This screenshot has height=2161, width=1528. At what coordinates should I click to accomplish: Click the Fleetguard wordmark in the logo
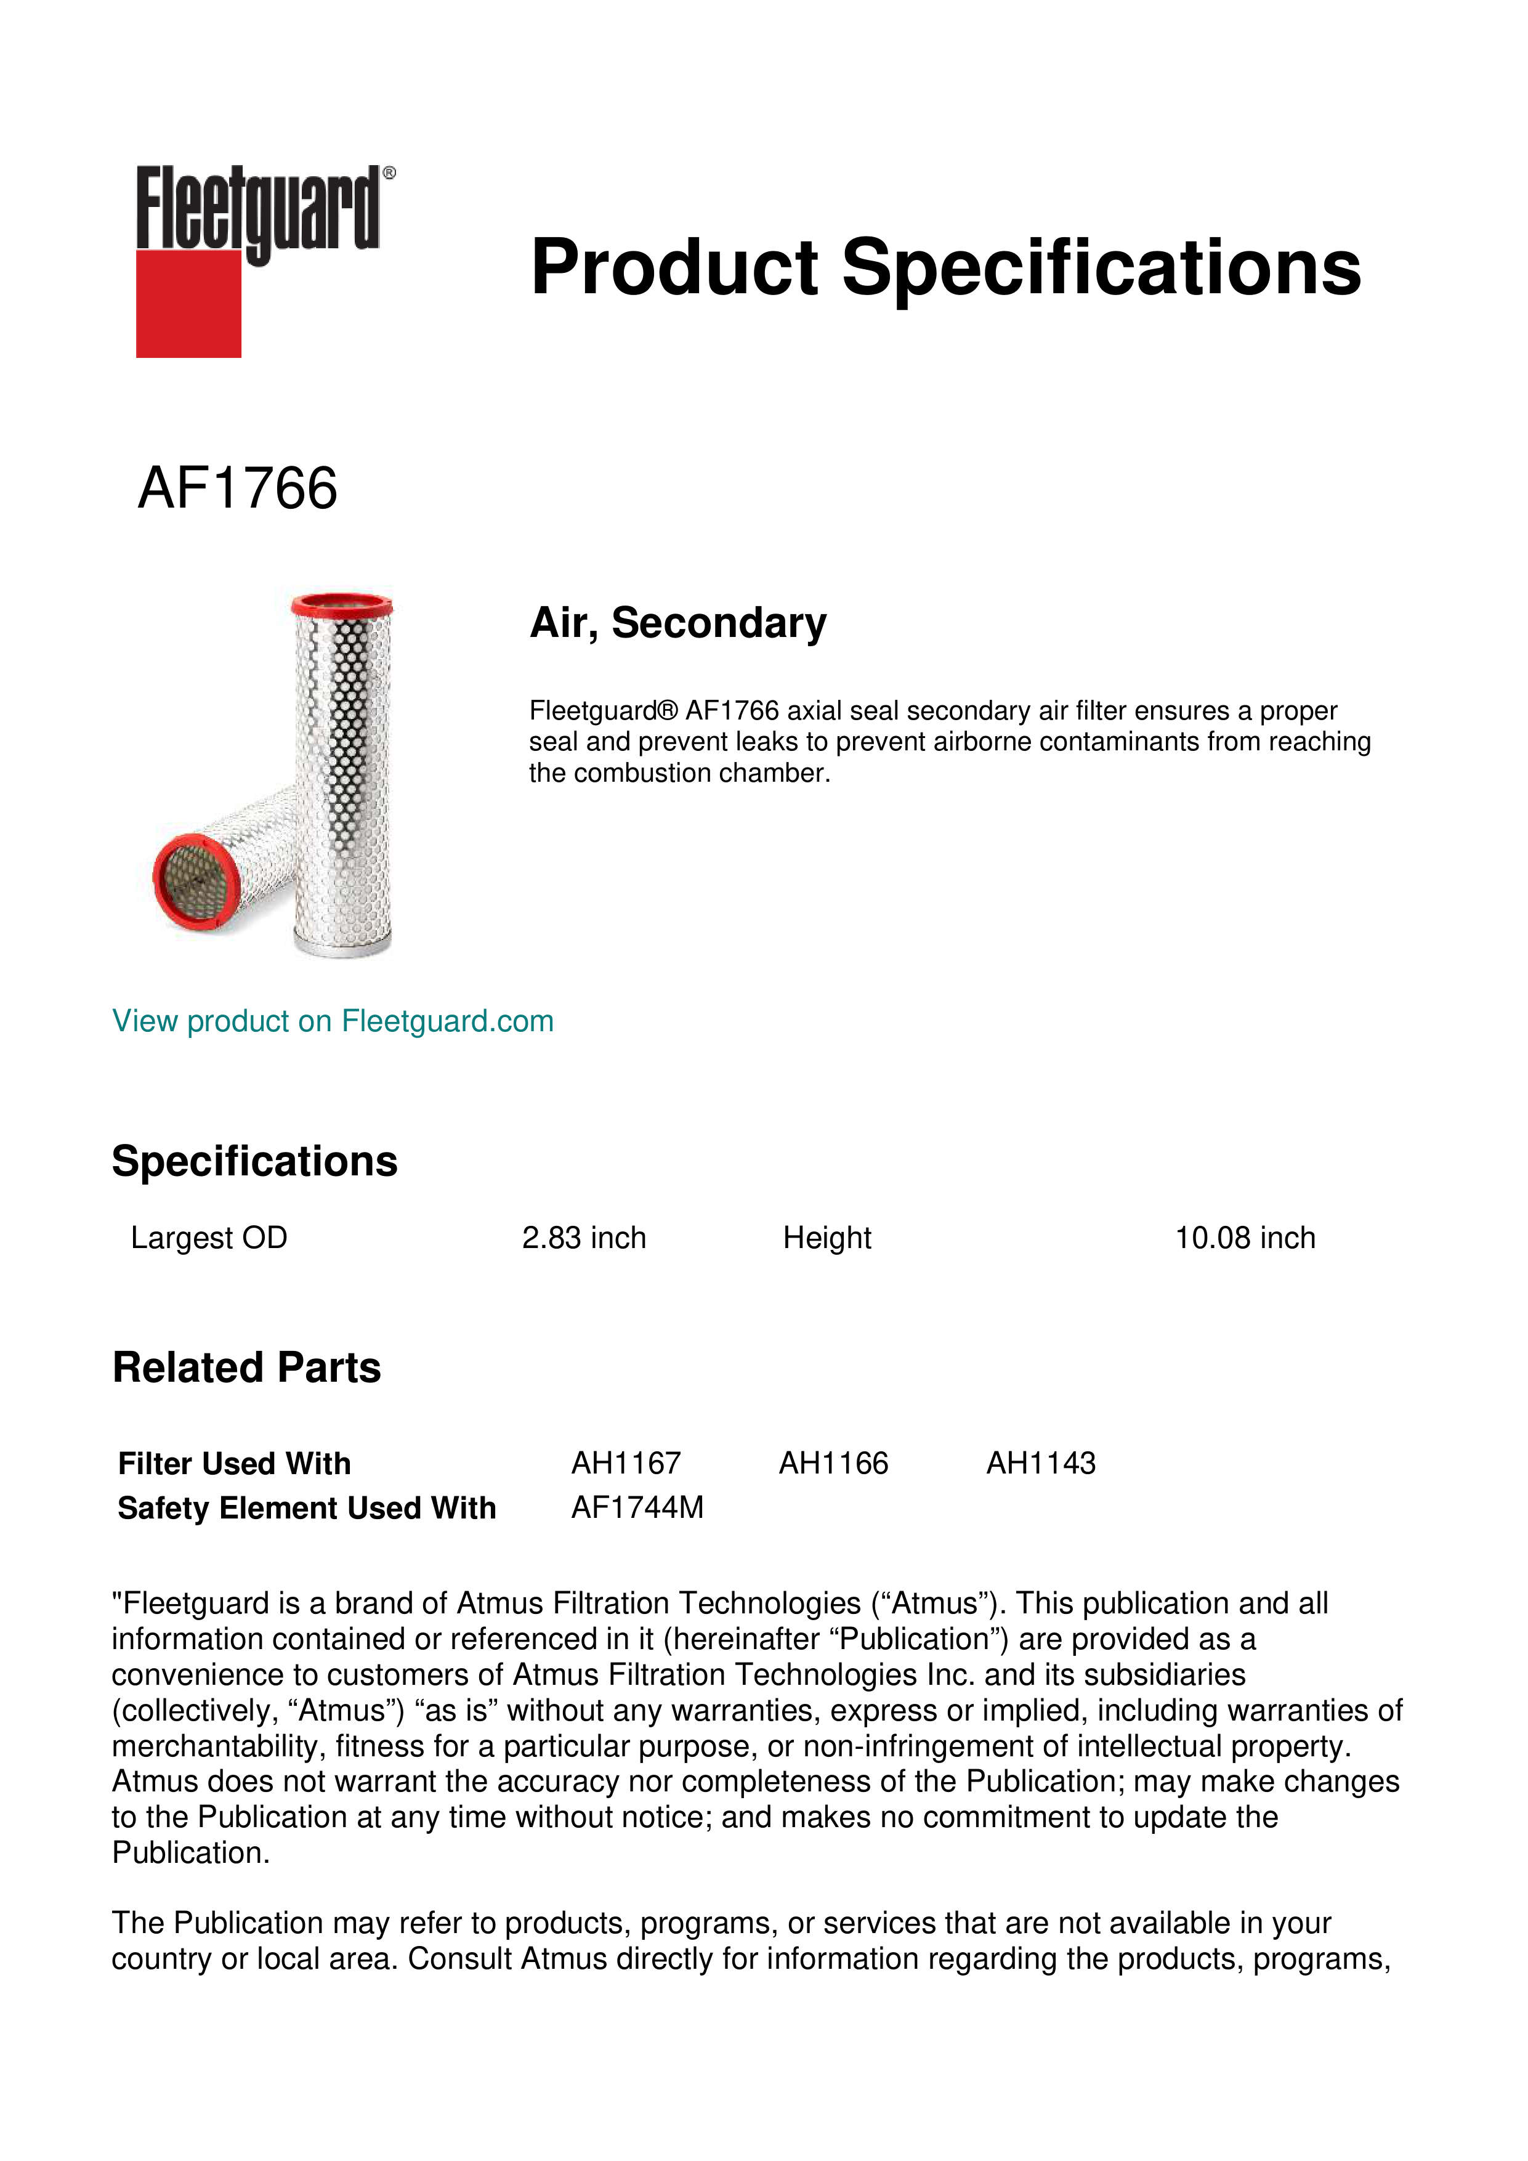[x=259, y=209]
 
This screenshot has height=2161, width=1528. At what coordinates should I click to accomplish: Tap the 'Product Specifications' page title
[x=945, y=267]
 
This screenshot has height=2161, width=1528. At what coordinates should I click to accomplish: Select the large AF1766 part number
[x=237, y=489]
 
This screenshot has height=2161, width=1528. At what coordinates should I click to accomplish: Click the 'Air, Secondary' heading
[x=677, y=623]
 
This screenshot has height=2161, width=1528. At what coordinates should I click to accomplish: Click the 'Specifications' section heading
[x=254, y=1161]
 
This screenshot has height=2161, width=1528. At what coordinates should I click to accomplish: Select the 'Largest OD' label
[x=209, y=1238]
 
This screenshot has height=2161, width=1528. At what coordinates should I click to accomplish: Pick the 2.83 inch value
[x=583, y=1238]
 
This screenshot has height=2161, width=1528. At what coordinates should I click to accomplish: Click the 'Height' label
[x=827, y=1238]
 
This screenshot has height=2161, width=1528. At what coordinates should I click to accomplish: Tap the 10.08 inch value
[x=1244, y=1238]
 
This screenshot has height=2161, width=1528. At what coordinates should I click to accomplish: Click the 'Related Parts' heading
[x=246, y=1368]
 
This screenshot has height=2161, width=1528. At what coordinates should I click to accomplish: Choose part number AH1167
[x=626, y=1464]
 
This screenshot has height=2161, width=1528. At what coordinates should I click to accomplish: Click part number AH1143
[x=1041, y=1464]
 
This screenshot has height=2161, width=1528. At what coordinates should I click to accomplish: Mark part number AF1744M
[x=637, y=1508]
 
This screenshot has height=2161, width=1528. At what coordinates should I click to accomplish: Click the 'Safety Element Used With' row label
[x=307, y=1508]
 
